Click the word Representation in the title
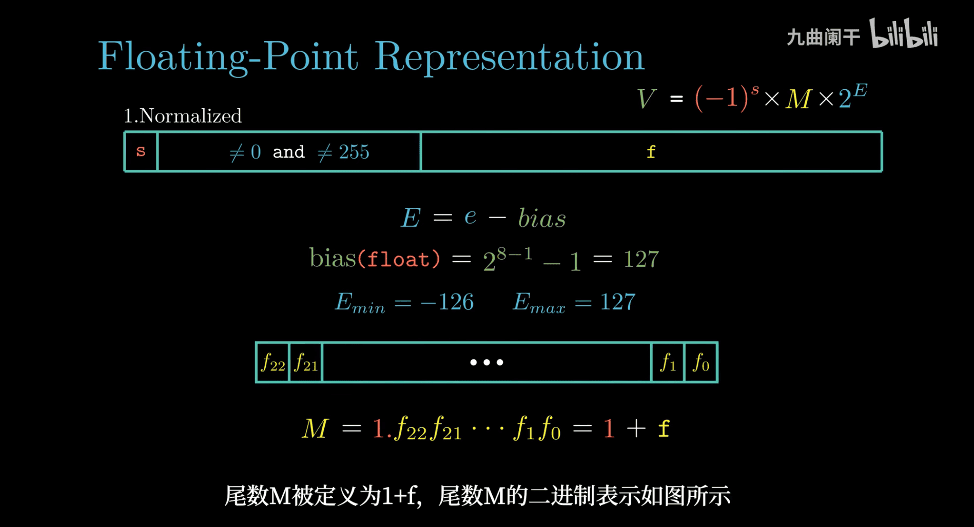[509, 56]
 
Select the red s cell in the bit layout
[141, 151]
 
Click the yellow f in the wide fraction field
[651, 152]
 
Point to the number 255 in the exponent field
[354, 152]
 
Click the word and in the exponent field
[288, 152]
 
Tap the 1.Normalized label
[183, 116]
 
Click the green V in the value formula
[646, 98]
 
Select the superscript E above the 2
[861, 91]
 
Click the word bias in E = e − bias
[542, 218]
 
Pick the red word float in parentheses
[398, 259]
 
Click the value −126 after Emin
[447, 302]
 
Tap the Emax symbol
[539, 303]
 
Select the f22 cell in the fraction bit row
[273, 362]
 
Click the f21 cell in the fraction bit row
[306, 362]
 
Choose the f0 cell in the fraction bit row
[701, 362]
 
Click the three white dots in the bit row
[486, 362]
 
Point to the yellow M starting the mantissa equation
[315, 428]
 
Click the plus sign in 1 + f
[636, 428]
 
